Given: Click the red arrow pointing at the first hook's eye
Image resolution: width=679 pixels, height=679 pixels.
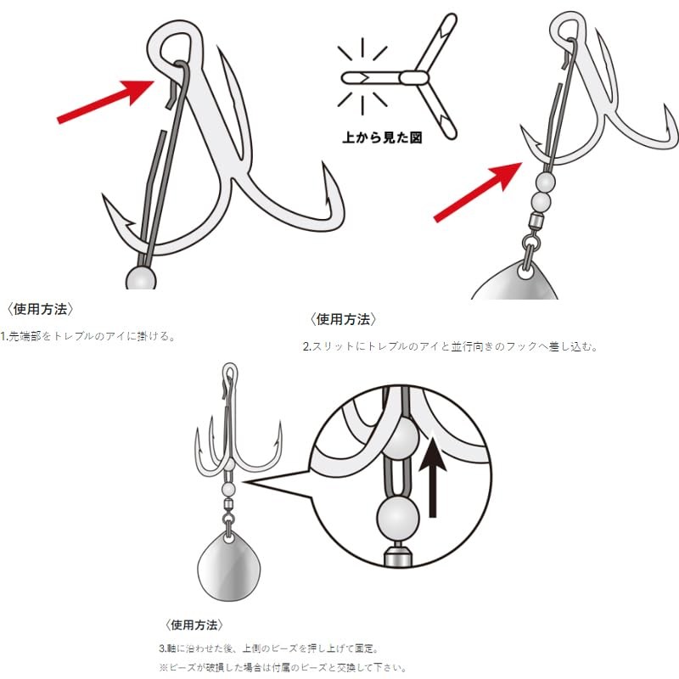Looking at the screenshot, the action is tap(106, 101).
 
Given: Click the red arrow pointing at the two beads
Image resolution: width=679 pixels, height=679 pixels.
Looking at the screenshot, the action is tap(478, 193).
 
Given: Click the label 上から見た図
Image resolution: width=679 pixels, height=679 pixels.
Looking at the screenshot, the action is tap(382, 137).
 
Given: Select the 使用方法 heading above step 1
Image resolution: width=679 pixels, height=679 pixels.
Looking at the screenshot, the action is tap(40, 309).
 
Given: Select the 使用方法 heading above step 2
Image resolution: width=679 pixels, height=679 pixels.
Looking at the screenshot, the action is tap(343, 320).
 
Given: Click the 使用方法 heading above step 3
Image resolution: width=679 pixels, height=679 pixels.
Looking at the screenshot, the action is tap(194, 625).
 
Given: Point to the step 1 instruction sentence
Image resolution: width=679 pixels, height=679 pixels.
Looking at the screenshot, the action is tap(87, 336).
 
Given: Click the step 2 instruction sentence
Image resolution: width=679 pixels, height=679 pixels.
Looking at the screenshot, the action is tap(450, 346).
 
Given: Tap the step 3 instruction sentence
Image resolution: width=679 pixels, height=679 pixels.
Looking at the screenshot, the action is tap(269, 648).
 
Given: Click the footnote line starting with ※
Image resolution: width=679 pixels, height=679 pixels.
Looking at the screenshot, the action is tap(283, 667).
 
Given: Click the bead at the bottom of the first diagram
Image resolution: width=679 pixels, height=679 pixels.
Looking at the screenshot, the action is tap(141, 278).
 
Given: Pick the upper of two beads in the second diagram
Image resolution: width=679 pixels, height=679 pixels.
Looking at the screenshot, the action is tap(545, 182).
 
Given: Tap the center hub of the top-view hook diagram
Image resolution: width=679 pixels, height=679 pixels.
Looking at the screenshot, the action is tap(413, 78).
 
